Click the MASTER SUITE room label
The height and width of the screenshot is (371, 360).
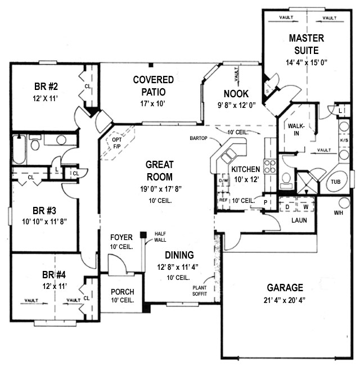pyautogui.click(x=306, y=44)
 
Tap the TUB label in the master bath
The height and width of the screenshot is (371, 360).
pyautogui.click(x=336, y=182)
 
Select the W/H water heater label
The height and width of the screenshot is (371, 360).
pyautogui.click(x=339, y=213)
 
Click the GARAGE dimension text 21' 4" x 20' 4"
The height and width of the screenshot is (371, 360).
pyautogui.click(x=285, y=300)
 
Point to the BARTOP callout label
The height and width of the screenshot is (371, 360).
pyautogui.click(x=199, y=138)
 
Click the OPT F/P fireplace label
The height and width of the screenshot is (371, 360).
pyautogui.click(x=117, y=143)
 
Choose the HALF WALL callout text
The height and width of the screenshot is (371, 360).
pyautogui.click(x=160, y=237)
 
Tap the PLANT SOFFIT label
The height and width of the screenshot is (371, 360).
pyautogui.click(x=200, y=291)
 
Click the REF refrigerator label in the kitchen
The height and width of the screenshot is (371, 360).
pyautogui.click(x=223, y=200)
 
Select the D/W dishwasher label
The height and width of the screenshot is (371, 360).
pyautogui.click(x=223, y=181)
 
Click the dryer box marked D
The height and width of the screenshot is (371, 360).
pyautogui.click(x=287, y=207)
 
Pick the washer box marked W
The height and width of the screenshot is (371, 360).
pyautogui.click(x=306, y=207)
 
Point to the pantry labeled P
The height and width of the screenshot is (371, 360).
pyautogui.click(x=265, y=202)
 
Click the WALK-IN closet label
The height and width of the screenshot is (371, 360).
pyautogui.click(x=296, y=130)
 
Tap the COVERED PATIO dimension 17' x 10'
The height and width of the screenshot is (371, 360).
pyautogui.click(x=153, y=103)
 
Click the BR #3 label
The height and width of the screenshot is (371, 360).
pyautogui.click(x=44, y=210)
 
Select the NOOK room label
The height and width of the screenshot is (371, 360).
pyautogui.click(x=236, y=94)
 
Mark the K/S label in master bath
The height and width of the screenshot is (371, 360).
pyautogui.click(x=344, y=141)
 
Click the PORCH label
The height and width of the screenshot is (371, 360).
pyautogui.click(x=123, y=292)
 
